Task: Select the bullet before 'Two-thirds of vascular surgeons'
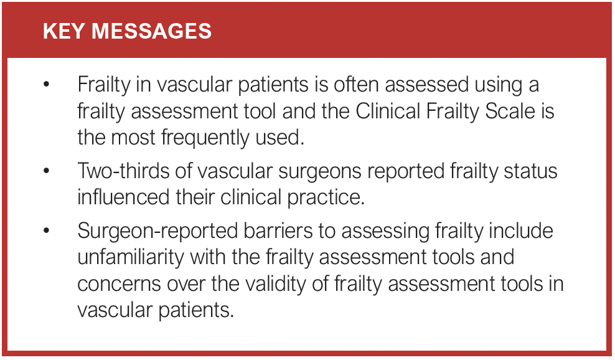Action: (x=46, y=172)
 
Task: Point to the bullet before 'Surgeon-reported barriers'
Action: (x=46, y=230)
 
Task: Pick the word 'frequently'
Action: (x=207, y=138)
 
